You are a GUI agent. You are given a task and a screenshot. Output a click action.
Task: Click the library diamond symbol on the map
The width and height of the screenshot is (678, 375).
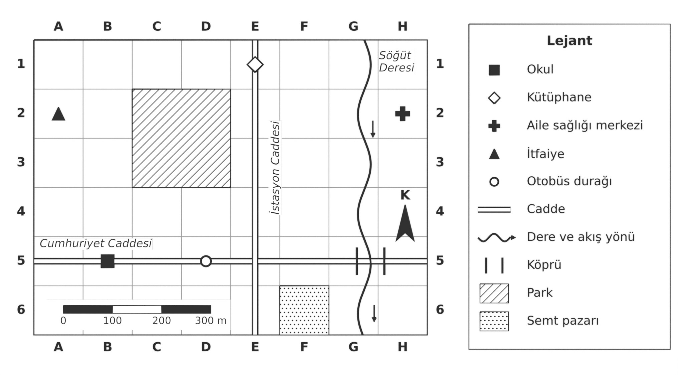coord(255,64)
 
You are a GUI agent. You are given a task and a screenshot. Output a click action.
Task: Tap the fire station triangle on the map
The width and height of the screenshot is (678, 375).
coord(58,114)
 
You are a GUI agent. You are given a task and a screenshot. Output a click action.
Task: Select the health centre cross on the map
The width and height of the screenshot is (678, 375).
coord(402,114)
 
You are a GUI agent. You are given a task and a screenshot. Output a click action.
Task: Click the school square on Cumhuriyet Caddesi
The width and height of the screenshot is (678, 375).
coord(108,261)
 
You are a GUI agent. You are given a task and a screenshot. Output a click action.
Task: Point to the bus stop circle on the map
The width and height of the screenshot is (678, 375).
coord(206,261)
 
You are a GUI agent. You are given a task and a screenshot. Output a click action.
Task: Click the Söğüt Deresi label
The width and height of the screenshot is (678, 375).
coord(396,61)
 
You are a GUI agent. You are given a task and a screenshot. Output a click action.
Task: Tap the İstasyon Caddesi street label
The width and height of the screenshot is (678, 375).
coord(275,168)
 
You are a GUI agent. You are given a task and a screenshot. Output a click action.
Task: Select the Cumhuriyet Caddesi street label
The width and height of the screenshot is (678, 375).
coord(96,243)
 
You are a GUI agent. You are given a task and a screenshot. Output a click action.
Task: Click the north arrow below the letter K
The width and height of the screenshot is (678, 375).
coord(405,224)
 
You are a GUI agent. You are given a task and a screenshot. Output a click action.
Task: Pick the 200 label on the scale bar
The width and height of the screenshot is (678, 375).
coord(162,321)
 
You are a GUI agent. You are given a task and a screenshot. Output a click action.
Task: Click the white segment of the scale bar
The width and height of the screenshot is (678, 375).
coord(137,309)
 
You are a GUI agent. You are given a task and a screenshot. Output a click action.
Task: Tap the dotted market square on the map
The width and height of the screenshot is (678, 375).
coord(304,310)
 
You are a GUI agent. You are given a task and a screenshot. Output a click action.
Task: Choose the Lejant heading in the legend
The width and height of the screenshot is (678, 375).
coord(569,41)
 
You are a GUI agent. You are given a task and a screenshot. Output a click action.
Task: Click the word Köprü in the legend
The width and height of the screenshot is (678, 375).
coord(544,265)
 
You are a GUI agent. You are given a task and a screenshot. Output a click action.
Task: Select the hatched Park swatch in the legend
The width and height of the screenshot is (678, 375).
coord(494,294)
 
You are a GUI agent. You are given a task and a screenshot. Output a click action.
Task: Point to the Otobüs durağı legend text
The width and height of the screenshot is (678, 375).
coord(569,181)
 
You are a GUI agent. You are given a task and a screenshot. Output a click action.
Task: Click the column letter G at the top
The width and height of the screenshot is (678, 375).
coord(353,26)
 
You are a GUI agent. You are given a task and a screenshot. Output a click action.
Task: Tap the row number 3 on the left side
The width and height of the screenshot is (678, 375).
coord(21,162)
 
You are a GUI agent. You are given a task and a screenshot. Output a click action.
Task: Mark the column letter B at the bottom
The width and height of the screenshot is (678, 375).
coord(108,347)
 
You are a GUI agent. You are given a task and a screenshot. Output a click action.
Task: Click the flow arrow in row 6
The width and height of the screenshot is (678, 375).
coord(374,314)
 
